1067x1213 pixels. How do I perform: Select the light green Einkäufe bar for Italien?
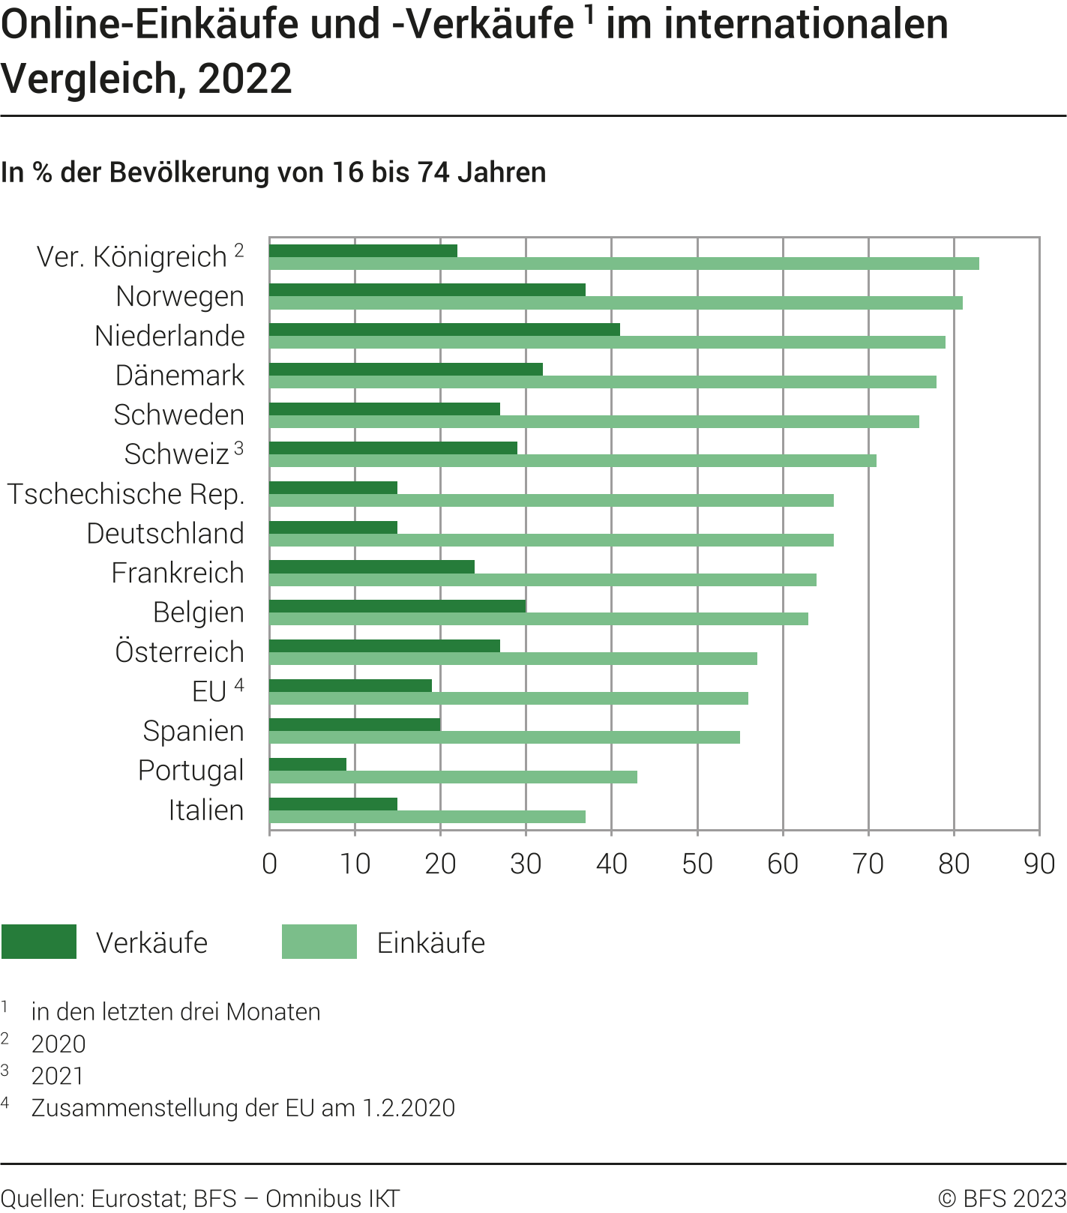point(427,816)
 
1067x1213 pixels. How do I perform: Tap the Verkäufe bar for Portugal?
point(307,764)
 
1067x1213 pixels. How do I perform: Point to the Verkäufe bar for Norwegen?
point(427,290)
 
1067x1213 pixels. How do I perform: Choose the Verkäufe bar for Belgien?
point(397,606)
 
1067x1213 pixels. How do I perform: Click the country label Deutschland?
point(166,533)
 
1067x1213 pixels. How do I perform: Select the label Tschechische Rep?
point(126,494)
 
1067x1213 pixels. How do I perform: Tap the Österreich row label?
point(180,651)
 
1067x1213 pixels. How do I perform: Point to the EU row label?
point(209,691)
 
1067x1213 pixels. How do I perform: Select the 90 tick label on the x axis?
point(1039,864)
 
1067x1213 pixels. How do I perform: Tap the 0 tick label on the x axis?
point(270,864)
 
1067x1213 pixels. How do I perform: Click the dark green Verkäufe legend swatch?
point(39,942)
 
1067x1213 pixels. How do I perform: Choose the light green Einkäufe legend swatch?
point(319,942)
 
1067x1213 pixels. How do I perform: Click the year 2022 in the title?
point(245,78)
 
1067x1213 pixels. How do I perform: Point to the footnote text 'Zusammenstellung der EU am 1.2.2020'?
point(243,1107)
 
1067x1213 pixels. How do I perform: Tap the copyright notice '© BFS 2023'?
point(1002,1198)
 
